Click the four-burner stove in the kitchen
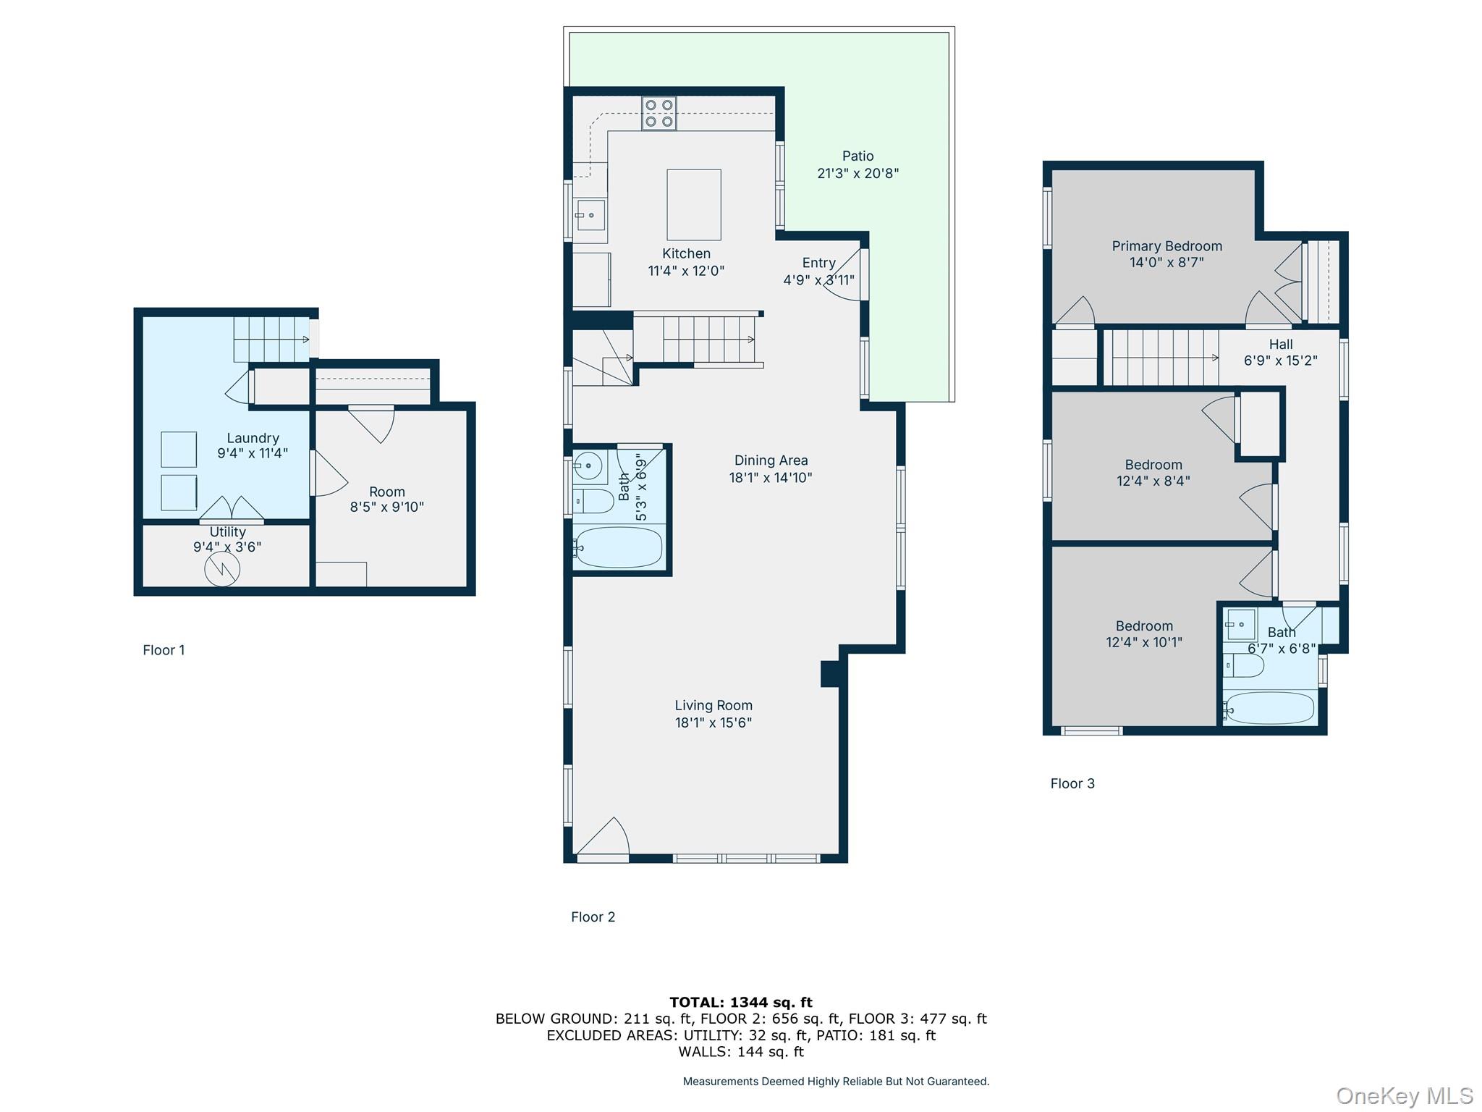click(x=659, y=114)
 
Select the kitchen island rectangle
click(x=693, y=205)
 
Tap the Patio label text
click(x=858, y=156)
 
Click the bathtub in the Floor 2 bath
click(x=618, y=547)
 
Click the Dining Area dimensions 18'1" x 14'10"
click(x=770, y=478)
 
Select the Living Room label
click(x=713, y=705)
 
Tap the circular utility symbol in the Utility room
click(x=222, y=569)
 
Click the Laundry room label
click(x=252, y=438)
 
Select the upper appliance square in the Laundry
click(x=179, y=450)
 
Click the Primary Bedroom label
click(x=1166, y=246)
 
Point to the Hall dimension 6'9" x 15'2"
click(x=1280, y=361)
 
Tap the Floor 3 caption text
click(x=1072, y=783)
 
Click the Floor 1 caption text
click(x=164, y=650)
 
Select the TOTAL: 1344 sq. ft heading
click(x=740, y=1002)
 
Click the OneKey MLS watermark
click(x=1404, y=1096)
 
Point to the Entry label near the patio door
click(x=818, y=263)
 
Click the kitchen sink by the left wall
click(x=590, y=215)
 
